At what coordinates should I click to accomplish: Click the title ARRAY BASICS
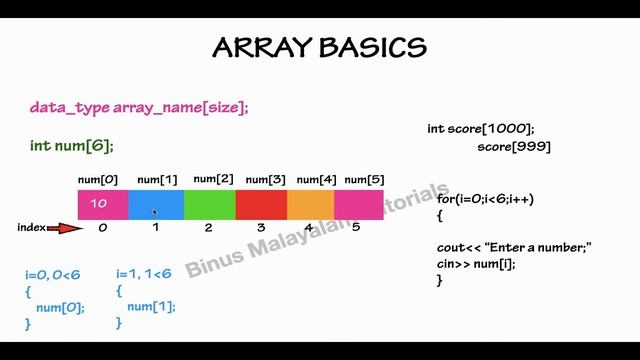(x=320, y=47)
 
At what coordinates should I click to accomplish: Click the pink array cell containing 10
(x=103, y=204)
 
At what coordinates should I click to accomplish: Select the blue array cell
(x=156, y=204)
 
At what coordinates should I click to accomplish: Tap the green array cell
(x=209, y=204)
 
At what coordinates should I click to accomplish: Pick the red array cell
(x=261, y=204)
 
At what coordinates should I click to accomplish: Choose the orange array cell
(x=311, y=204)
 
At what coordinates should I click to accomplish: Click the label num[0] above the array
(x=98, y=180)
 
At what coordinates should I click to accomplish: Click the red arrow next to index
(x=65, y=228)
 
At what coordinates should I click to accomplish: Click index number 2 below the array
(x=208, y=228)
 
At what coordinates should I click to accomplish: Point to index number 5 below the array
(x=356, y=228)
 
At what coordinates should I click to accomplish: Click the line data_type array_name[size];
(x=139, y=107)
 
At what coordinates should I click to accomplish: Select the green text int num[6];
(x=72, y=146)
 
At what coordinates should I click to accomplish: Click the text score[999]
(x=513, y=147)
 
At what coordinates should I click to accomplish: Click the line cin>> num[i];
(x=476, y=264)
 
